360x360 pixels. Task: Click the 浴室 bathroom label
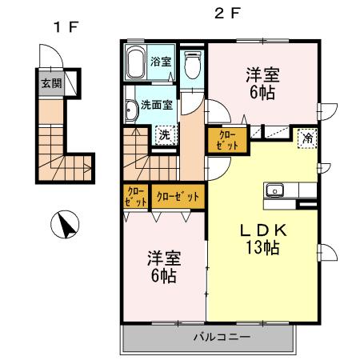pos(161,62)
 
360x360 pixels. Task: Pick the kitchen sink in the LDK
pos(275,190)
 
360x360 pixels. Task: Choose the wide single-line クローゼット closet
pos(177,195)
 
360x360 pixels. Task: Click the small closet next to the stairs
pos(135,196)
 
